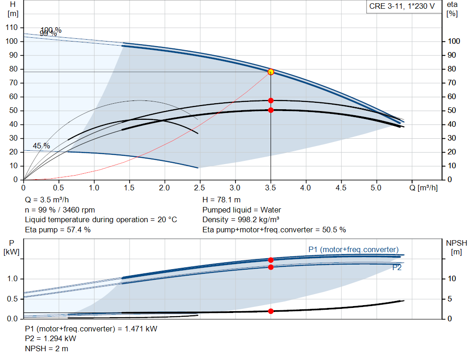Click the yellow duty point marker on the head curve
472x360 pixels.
tap(271, 72)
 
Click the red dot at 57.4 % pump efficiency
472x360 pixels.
tap(271, 100)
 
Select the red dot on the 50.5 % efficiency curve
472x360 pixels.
tap(271, 110)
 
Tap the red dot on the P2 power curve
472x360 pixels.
tap(271, 267)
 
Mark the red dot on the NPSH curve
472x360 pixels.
tap(271, 311)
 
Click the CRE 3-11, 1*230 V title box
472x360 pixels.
tap(402, 7)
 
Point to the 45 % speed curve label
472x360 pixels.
tap(41, 146)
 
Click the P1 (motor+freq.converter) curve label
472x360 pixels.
tap(354, 249)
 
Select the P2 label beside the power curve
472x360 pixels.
tap(397, 267)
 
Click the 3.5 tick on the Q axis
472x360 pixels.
tap(271, 188)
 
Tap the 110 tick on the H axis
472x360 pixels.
tap(11, 28)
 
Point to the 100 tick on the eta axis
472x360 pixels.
tap(454, 41)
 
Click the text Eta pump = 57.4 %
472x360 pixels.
tap(58, 230)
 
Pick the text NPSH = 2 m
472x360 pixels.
tap(47, 348)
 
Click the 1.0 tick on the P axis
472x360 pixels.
tap(12, 279)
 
